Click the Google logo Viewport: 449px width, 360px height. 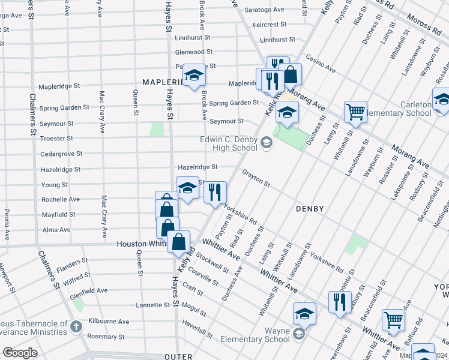tap(20, 353)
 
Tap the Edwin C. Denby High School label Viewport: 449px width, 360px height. tap(229, 144)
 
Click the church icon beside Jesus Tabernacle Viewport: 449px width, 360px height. tap(76, 326)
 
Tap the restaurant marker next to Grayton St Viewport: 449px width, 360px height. tap(215, 193)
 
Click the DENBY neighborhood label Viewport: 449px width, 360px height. tap(310, 209)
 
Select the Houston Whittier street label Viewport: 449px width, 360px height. tap(141, 244)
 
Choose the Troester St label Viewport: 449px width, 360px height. tap(56, 139)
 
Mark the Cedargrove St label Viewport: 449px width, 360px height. tap(61, 154)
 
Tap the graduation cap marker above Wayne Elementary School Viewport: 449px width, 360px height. tap(304, 313)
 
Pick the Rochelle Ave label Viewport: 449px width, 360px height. tap(61, 199)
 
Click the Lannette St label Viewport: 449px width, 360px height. tap(152, 305)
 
